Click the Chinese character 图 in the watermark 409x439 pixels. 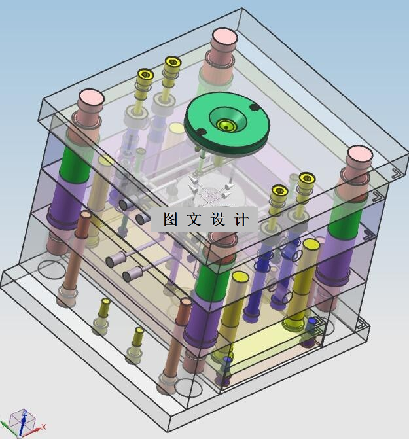[171, 219]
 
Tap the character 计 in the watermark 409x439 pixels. [241, 219]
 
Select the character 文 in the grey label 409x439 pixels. [194, 219]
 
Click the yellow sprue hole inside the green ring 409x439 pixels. [226, 125]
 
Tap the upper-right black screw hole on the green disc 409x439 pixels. [254, 107]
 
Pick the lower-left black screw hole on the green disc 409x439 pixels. [202, 132]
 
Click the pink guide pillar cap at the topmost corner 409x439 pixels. [225, 37]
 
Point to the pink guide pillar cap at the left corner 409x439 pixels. [92, 97]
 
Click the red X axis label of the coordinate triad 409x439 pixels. [43, 427]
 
